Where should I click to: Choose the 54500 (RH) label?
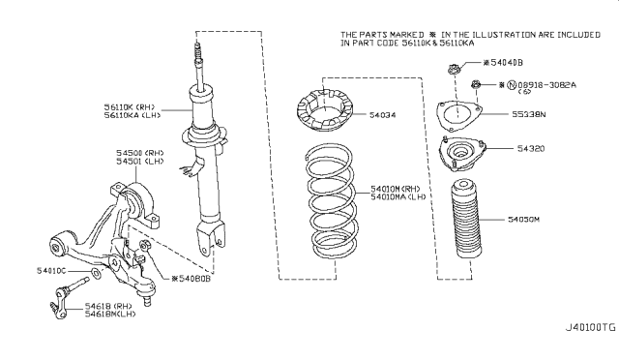point(115,153)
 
